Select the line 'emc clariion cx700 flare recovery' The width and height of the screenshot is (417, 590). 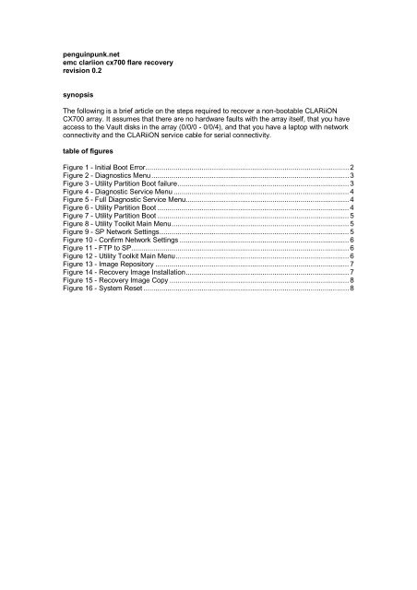113,65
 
